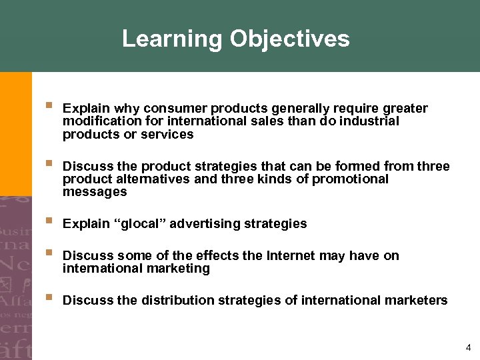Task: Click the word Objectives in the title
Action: click(x=289, y=39)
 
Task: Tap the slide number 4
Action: click(x=469, y=347)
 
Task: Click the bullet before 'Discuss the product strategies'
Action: click(x=48, y=163)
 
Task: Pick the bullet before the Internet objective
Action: click(x=48, y=253)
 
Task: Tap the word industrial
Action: click(x=369, y=121)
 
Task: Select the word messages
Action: click(x=94, y=192)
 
